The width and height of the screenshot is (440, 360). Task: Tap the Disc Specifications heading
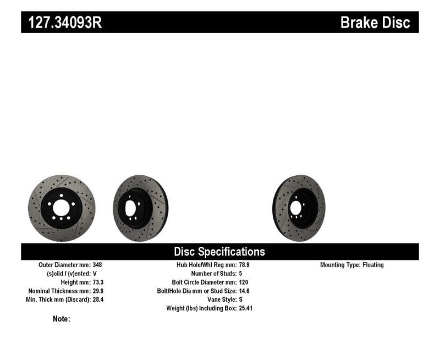[219, 252]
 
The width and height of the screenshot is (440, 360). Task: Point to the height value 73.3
[97, 282]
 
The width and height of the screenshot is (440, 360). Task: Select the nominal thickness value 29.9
[97, 291]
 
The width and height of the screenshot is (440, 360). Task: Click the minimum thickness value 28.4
[97, 300]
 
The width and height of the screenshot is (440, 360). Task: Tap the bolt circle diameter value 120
[244, 282]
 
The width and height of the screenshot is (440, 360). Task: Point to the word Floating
[372, 265]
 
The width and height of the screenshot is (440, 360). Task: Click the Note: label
[62, 319]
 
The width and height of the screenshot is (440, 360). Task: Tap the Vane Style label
[218, 300]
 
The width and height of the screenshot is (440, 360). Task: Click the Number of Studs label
[213, 274]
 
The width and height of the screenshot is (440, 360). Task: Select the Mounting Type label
[339, 265]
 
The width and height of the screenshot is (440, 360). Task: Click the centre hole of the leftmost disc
[62, 208]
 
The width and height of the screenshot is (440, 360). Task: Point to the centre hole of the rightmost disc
[296, 208]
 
